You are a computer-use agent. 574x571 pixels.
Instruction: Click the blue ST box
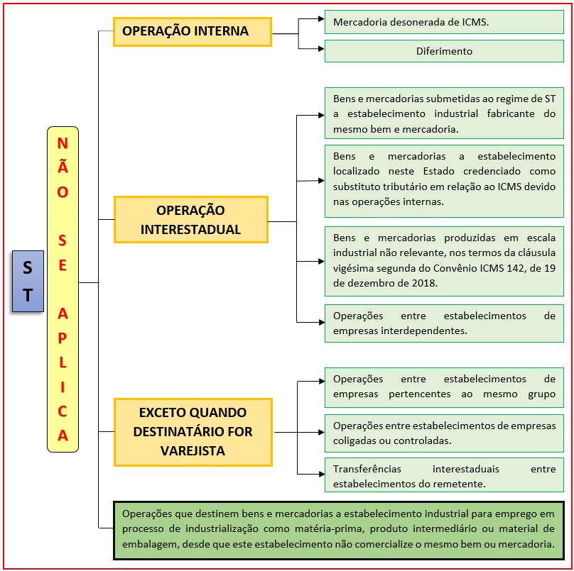pyautogui.click(x=28, y=281)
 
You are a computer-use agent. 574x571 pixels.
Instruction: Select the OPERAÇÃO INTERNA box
pyautogui.click(x=193, y=32)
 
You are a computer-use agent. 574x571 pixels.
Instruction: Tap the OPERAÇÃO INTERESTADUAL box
pyautogui.click(x=190, y=219)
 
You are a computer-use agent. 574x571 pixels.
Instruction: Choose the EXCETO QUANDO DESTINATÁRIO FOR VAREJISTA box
pyautogui.click(x=193, y=432)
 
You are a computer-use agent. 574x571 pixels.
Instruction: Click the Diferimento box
pyautogui.click(x=444, y=51)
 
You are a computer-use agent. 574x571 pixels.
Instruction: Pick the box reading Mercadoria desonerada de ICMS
pyautogui.click(x=444, y=22)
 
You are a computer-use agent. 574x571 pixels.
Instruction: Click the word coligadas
pyautogui.click(x=354, y=441)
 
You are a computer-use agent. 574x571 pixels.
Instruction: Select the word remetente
pyautogui.click(x=462, y=484)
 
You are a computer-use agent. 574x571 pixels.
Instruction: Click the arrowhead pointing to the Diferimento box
pyautogui.click(x=321, y=49)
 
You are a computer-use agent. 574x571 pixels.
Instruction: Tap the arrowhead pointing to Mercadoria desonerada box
pyautogui.click(x=321, y=18)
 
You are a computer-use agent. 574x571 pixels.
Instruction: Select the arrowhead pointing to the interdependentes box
pyautogui.click(x=321, y=323)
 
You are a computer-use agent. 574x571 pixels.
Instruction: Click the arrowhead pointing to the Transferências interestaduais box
pyautogui.click(x=321, y=474)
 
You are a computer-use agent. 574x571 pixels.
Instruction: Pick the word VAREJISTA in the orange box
pyautogui.click(x=193, y=451)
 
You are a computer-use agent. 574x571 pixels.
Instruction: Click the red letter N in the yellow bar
pyautogui.click(x=63, y=143)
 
